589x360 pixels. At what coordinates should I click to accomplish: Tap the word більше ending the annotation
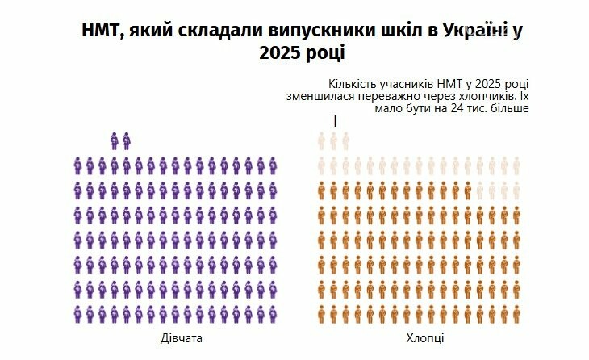point(508,107)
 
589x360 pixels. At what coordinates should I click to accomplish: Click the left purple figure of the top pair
point(115,141)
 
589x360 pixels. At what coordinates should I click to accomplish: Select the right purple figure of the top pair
point(127,141)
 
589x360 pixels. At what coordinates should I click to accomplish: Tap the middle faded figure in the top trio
point(334,141)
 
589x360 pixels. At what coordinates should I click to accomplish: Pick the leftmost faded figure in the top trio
point(322,141)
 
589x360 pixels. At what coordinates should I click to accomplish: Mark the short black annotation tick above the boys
point(335,121)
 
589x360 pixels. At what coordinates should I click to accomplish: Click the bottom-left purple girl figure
point(78,313)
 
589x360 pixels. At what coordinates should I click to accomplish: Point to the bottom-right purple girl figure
point(260,313)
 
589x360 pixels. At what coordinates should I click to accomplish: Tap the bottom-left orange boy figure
point(322,313)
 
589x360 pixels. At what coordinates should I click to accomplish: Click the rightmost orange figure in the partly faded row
point(467,190)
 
